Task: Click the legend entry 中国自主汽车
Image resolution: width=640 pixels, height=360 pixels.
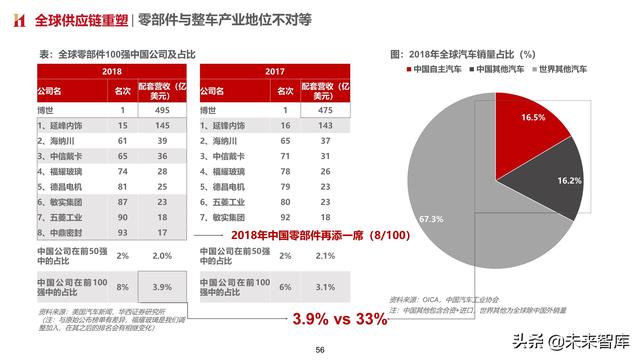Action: pos(438,70)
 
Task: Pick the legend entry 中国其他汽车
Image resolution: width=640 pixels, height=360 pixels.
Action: pos(506,70)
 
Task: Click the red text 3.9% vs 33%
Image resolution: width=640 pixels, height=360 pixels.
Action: pos(339,319)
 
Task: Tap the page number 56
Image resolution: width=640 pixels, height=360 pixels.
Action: pos(320,350)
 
